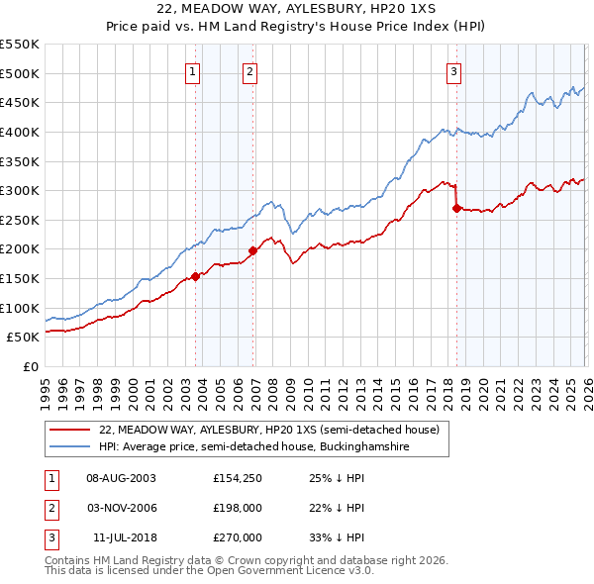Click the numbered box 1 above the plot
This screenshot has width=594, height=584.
(x=191, y=70)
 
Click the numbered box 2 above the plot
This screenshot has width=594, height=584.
(x=249, y=70)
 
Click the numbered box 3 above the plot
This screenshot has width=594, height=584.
(x=453, y=70)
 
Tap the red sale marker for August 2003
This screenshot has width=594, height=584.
(x=195, y=276)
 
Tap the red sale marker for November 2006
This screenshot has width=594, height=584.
(x=252, y=250)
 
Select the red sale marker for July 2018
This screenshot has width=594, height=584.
(x=456, y=208)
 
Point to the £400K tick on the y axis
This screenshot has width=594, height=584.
(x=20, y=132)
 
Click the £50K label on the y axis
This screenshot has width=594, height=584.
(x=24, y=338)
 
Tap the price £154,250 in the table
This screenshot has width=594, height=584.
(x=237, y=477)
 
